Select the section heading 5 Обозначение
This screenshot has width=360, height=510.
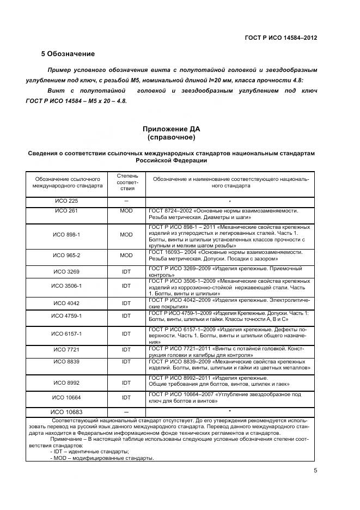tap(68, 54)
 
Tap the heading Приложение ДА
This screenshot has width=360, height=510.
tap(171, 129)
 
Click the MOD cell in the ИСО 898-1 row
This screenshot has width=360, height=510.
tap(126, 234)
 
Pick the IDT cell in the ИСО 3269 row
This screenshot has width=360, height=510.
tap(126, 271)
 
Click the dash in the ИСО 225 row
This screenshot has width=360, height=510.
tap(126, 201)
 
